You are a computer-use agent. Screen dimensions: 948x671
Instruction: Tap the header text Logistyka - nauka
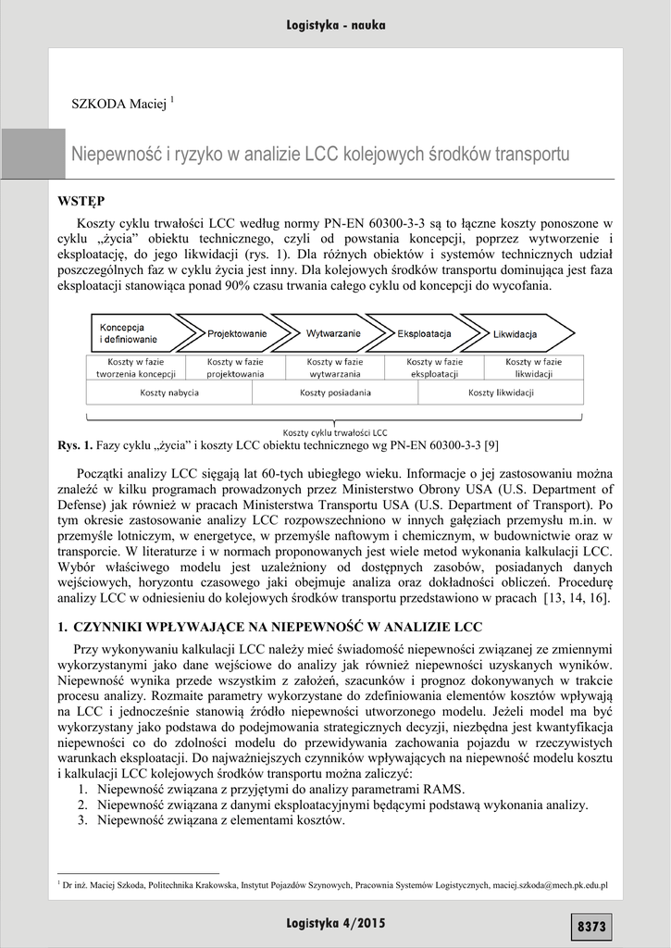coord(336,25)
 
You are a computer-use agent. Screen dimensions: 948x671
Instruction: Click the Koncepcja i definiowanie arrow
coord(130,333)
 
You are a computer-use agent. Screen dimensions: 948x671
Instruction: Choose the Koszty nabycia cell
coord(168,393)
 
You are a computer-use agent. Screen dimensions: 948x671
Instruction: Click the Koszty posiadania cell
coord(335,393)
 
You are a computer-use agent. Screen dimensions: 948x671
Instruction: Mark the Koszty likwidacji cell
coord(501,393)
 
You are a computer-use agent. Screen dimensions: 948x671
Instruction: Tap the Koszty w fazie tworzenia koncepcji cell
coord(135,368)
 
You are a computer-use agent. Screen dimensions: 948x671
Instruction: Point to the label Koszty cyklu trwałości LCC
coord(335,432)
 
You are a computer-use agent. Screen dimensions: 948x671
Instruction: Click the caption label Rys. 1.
coord(70,446)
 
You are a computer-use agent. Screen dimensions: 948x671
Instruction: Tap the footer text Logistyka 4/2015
coord(336,923)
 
